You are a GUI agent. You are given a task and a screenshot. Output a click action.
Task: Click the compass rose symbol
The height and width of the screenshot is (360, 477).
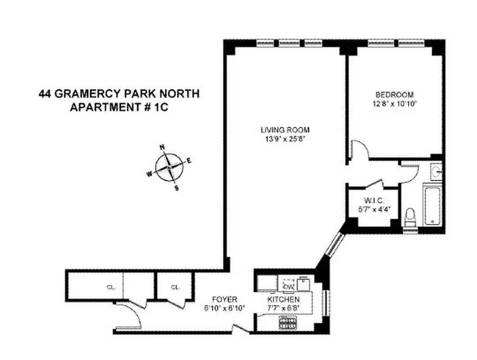169,167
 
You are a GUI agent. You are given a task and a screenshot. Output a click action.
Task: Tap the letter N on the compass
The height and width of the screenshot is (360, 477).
163,147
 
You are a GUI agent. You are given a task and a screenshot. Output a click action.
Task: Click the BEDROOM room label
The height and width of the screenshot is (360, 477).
395,95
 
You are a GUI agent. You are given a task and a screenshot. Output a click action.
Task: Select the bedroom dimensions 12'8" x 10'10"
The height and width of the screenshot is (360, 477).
395,103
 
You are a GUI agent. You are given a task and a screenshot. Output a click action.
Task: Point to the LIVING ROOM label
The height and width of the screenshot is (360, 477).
285,130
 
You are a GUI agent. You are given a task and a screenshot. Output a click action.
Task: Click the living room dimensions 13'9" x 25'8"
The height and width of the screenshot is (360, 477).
285,138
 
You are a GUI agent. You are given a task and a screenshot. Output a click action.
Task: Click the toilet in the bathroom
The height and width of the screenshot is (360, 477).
410,218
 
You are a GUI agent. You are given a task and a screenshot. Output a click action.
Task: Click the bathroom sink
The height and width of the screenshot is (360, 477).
436,171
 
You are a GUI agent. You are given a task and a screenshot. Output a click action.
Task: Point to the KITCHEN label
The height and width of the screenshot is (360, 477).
283,300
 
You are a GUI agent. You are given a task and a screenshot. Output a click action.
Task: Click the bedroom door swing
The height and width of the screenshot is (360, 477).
359,150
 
